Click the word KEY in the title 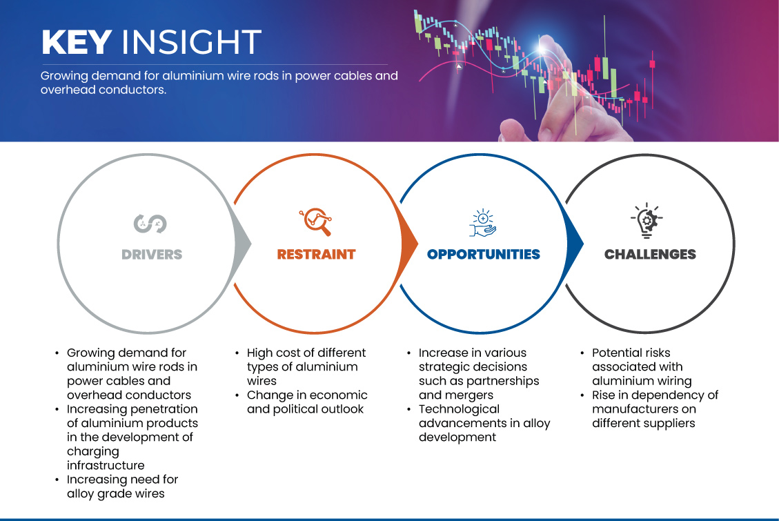tap(77, 41)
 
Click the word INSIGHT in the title tap(191, 41)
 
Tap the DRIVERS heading tap(152, 255)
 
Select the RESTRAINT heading tap(317, 255)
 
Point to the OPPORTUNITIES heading tap(484, 255)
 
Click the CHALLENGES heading tap(651, 255)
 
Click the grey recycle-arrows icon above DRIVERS tap(150, 224)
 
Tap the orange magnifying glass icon tap(316, 222)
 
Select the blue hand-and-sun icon tap(483, 222)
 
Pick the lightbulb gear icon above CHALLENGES tap(647, 221)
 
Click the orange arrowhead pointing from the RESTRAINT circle tap(409, 244)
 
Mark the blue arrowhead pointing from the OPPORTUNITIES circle tap(575, 244)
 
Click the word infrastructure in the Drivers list tap(106, 465)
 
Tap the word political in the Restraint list tap(293, 409)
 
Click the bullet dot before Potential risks tap(582, 353)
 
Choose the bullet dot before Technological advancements tap(409, 410)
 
